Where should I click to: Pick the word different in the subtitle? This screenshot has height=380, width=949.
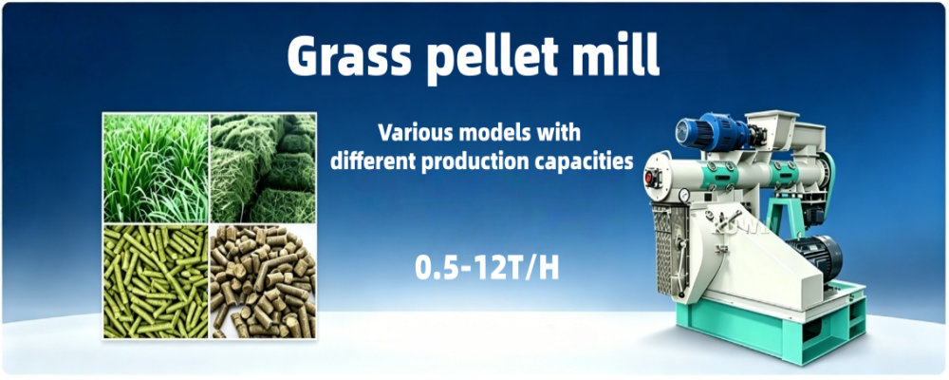372,161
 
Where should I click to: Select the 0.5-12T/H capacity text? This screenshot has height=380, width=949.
487,269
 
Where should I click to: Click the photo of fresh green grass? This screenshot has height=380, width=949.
157,168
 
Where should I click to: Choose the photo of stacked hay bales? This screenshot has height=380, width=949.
263,168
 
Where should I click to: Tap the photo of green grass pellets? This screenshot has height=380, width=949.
157,280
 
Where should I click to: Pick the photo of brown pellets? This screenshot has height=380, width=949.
263,280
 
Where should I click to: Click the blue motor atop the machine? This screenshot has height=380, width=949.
711,133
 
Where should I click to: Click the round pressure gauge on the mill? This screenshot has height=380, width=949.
684,195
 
